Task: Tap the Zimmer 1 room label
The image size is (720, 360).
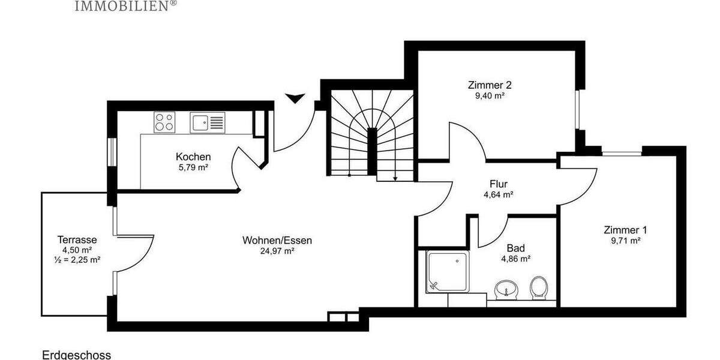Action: point(625,230)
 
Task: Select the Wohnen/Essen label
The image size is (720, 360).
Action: point(277,241)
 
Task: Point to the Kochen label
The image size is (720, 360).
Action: point(193,157)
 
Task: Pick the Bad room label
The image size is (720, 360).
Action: point(515,248)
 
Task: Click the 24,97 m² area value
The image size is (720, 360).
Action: point(277,251)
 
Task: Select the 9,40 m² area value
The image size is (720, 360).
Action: point(490,95)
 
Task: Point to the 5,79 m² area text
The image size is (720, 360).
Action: point(193,168)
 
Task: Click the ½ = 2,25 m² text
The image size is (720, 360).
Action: point(77,260)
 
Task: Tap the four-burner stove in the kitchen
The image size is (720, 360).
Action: point(164,122)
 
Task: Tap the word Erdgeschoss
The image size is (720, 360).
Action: point(76,355)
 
